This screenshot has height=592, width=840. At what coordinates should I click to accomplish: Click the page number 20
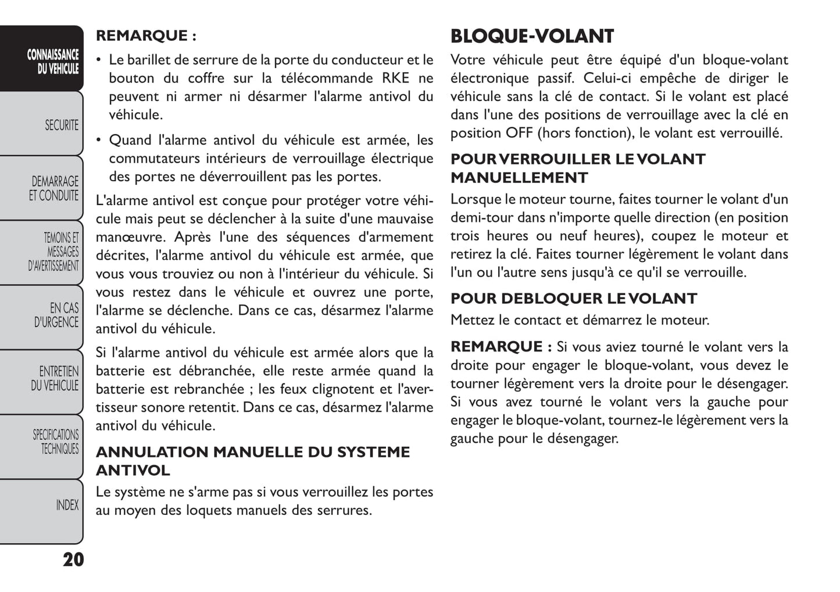coord(73,559)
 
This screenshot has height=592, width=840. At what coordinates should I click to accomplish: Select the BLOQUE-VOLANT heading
coord(532,36)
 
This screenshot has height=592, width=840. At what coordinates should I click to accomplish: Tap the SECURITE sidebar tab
coord(61,125)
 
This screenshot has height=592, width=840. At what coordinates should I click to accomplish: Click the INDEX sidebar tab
coord(67,505)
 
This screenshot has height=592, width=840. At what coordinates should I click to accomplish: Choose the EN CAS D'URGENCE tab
coord(56,315)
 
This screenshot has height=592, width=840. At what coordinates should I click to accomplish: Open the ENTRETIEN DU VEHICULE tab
coord(55,378)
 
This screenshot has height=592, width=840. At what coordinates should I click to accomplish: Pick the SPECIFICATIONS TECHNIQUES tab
coord(56,442)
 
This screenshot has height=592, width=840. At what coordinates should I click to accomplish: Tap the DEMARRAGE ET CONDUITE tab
coord(53,188)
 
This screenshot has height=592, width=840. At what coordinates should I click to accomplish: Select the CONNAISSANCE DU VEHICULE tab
coord(52,62)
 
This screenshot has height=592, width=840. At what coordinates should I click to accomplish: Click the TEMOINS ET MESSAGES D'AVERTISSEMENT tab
coord(53,252)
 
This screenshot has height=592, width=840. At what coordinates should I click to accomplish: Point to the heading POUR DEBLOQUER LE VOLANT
coord(573,299)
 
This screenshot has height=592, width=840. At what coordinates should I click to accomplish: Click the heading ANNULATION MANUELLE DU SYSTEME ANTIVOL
coord(252,461)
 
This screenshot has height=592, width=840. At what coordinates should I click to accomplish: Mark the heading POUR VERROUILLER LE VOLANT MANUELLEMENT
coord(577,168)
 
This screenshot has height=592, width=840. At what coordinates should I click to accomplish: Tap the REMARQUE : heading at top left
coord(146,35)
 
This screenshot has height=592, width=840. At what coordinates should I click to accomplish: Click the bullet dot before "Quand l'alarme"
coord(99,140)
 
